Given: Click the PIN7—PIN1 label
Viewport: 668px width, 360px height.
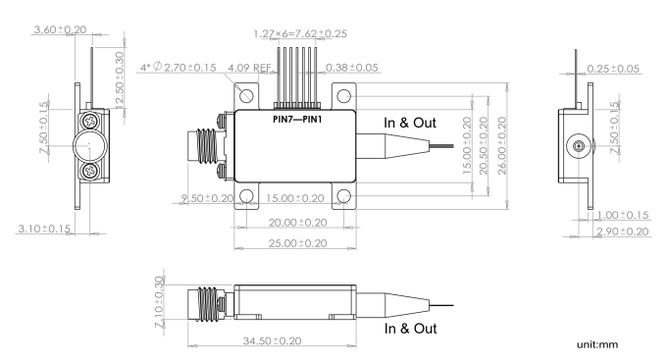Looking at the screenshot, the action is [297, 120].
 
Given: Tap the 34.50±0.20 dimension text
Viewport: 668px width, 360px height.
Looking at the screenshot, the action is [273, 340].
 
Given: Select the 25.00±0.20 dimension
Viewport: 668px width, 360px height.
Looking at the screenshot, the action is [298, 243].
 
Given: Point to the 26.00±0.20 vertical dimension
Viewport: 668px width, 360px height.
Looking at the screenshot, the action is [502, 146].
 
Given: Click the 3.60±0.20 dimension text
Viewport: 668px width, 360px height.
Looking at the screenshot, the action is [60, 29].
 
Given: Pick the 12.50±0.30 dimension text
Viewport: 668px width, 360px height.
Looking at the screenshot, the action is [120, 77].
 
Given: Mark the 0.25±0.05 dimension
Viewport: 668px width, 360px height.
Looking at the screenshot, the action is [613, 69].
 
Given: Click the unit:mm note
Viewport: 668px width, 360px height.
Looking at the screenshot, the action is [597, 344].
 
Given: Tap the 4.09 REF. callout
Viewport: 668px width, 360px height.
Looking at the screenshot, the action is [249, 68].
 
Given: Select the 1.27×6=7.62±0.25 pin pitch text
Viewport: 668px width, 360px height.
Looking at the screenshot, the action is [300, 33].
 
